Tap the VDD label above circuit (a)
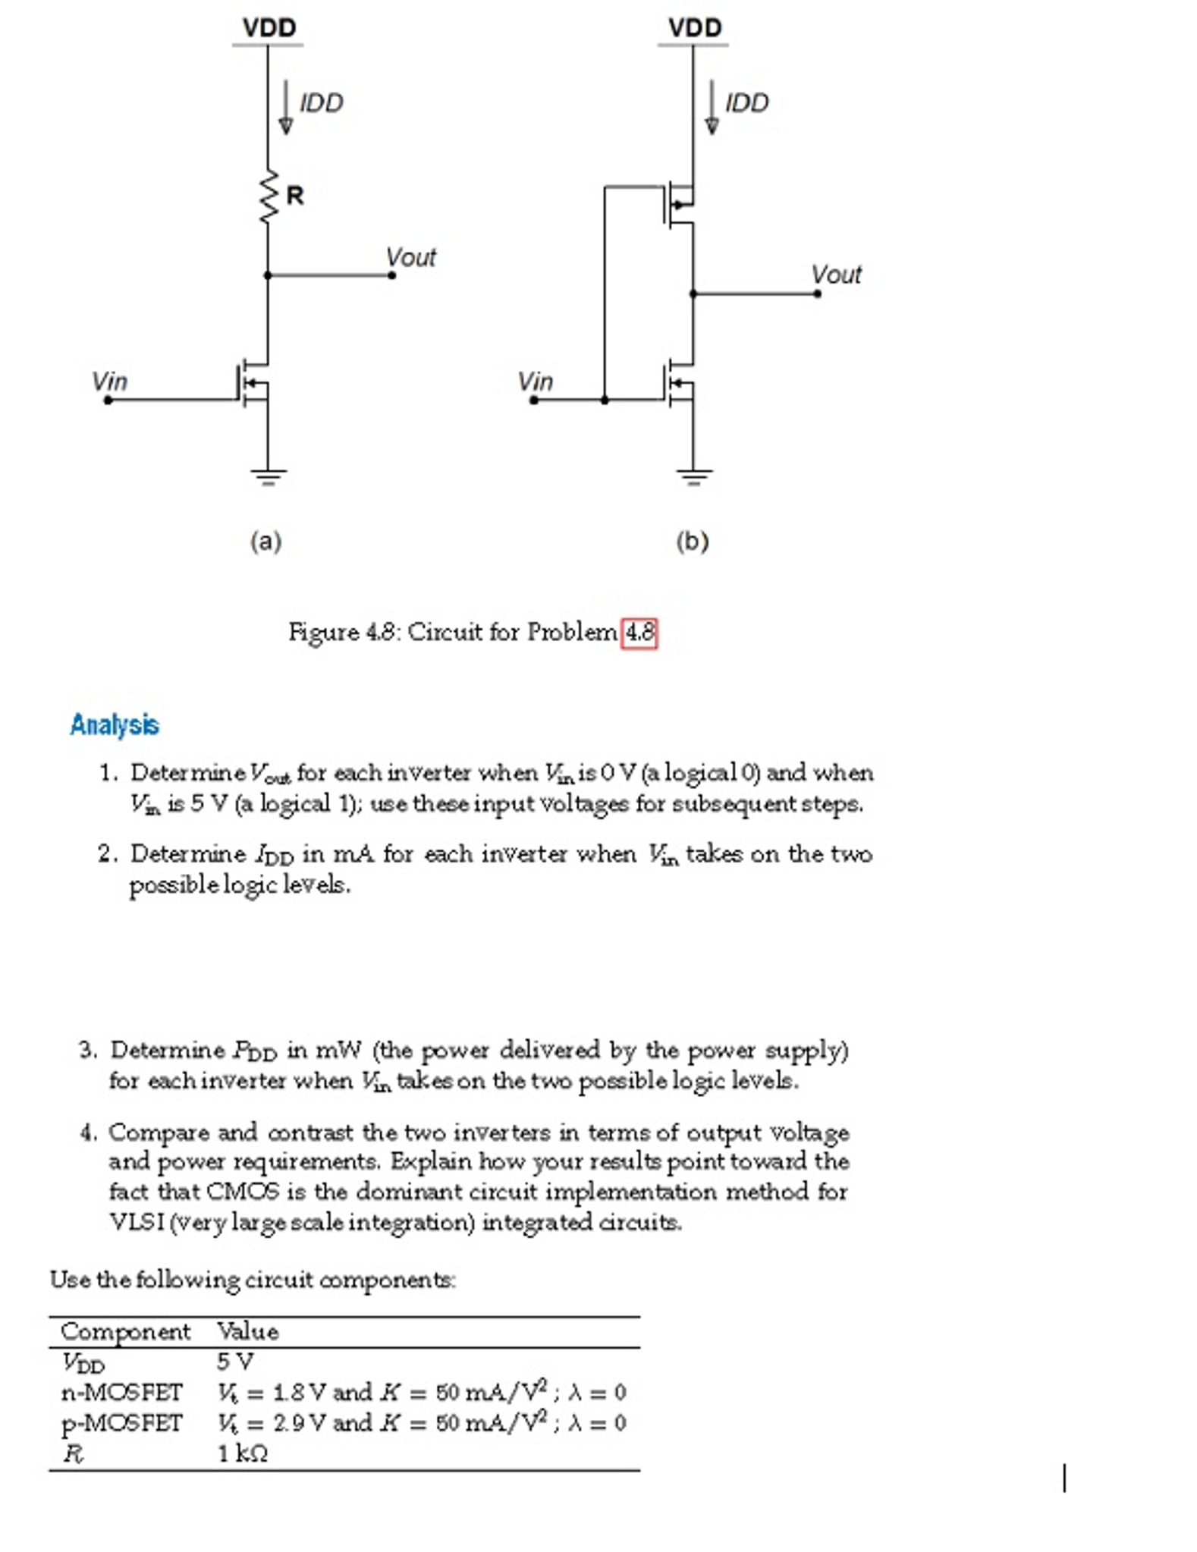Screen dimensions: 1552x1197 pos(269,28)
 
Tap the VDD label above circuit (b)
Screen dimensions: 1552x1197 pos(694,28)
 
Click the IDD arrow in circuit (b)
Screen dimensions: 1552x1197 pos(712,107)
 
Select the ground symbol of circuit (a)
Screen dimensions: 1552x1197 pos(268,476)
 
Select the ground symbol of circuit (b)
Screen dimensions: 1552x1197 pos(693,476)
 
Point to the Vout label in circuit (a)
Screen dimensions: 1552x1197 pos(410,258)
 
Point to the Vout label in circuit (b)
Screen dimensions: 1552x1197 pos(835,275)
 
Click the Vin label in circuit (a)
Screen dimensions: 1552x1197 pos(109,382)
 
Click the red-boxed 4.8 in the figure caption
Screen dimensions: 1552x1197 pos(639,633)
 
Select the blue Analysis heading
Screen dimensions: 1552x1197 pos(115,724)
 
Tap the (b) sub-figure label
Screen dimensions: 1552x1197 pos(692,542)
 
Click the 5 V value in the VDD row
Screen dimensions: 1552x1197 pos(234,1362)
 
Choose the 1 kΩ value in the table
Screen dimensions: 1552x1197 pos(242,1453)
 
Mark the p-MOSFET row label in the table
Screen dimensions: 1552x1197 pos(121,1423)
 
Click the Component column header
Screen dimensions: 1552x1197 pos(125,1331)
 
